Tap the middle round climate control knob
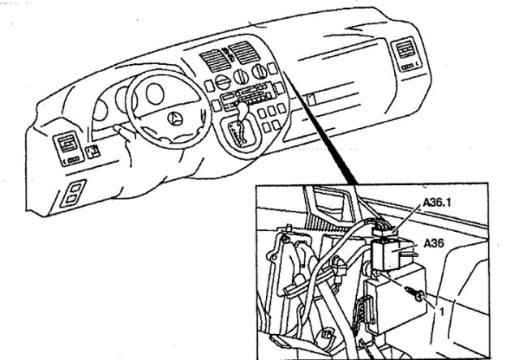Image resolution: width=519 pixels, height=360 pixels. point(242,79)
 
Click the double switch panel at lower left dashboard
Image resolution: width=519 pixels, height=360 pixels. point(73,195)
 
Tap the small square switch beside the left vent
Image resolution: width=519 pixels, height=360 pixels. point(95,150)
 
